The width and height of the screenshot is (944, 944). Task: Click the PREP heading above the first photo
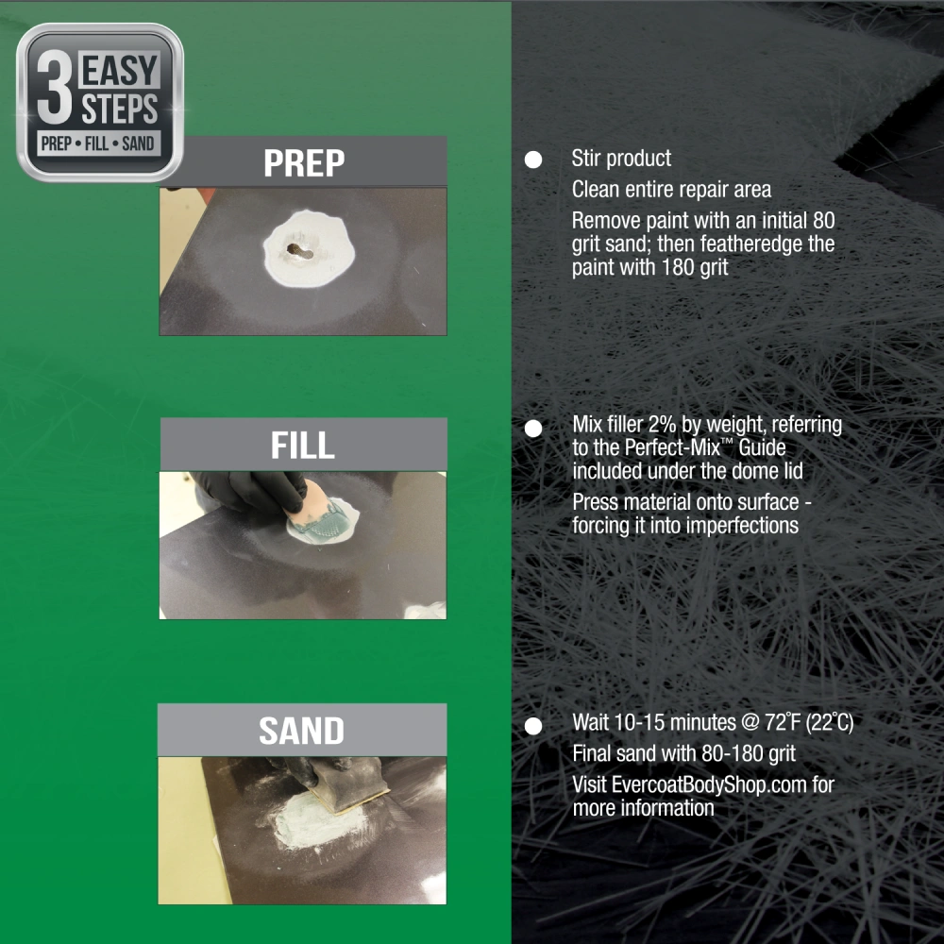tap(304, 162)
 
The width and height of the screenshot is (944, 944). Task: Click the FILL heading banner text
tap(303, 445)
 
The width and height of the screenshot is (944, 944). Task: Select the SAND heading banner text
tap(302, 731)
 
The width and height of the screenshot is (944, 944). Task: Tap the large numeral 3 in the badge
tap(55, 86)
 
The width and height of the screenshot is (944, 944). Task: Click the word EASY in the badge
tap(120, 71)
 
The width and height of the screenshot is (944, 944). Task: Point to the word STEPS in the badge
tap(120, 109)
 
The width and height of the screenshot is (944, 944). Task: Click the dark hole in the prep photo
tap(300, 250)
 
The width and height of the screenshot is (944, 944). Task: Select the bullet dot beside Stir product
tap(533, 160)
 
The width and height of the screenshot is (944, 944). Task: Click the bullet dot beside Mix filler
tap(533, 428)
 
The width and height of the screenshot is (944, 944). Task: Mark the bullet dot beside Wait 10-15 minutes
tap(533, 726)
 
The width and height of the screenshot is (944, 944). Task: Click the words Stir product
tap(621, 159)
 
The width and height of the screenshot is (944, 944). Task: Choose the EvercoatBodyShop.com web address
tap(709, 784)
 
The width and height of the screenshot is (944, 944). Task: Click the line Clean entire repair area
tap(671, 190)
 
